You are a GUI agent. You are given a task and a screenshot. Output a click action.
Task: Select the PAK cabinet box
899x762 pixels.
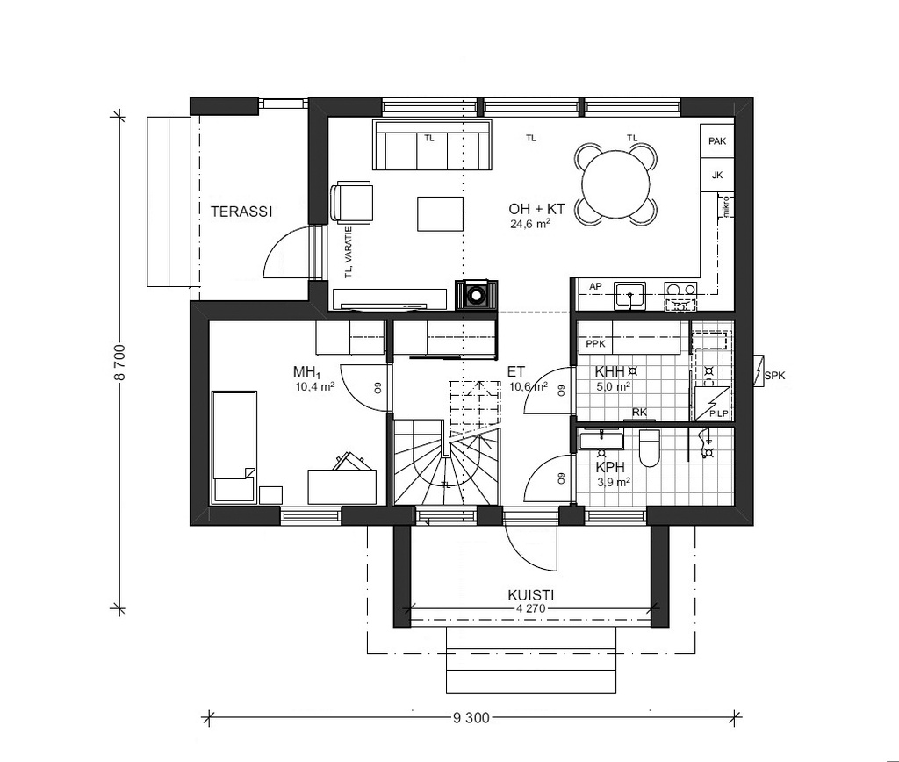coord(717,141)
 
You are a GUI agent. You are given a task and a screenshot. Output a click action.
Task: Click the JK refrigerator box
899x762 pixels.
coord(717,175)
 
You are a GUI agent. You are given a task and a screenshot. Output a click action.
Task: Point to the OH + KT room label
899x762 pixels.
coord(536,210)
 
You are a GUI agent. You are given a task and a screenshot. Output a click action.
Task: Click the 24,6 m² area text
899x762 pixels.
coord(530,225)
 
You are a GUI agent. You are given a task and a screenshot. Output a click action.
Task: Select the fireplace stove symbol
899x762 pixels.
coord(476,295)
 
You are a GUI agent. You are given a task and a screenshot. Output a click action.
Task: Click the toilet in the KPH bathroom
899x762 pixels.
coord(650,448)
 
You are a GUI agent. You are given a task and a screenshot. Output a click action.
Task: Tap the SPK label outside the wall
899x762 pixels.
coord(775,377)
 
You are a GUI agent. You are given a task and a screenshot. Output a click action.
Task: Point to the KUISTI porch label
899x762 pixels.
coord(530,594)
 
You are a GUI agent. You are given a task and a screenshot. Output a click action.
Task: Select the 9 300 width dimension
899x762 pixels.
coord(471,718)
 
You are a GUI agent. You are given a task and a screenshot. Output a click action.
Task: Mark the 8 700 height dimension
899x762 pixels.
coord(121,363)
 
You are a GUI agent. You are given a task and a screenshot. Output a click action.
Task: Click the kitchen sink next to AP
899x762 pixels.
coord(629,294)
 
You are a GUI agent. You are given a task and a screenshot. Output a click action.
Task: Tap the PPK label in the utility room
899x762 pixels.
coord(596,344)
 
